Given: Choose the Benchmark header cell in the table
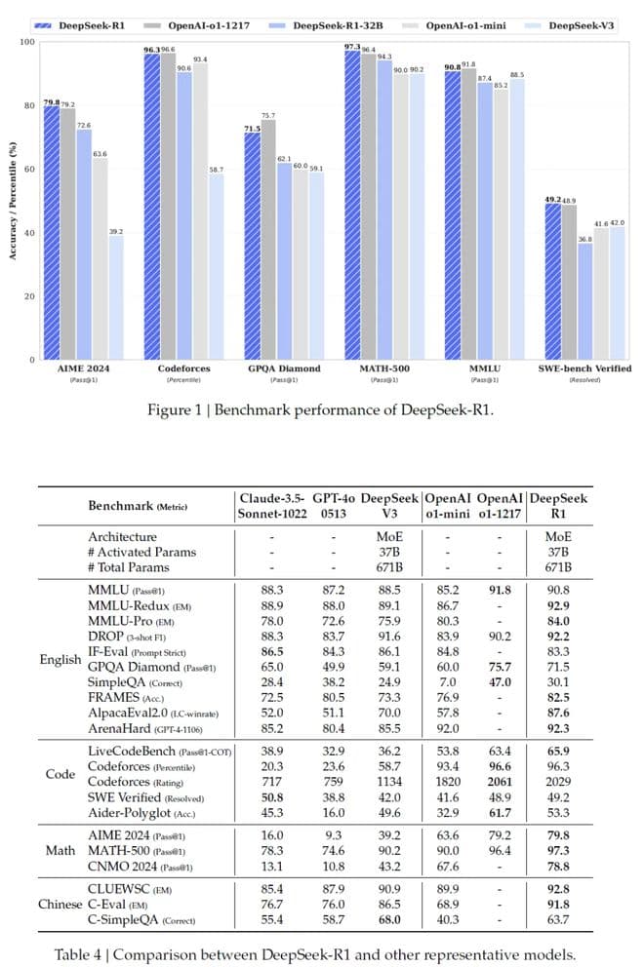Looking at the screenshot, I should click(x=138, y=506).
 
